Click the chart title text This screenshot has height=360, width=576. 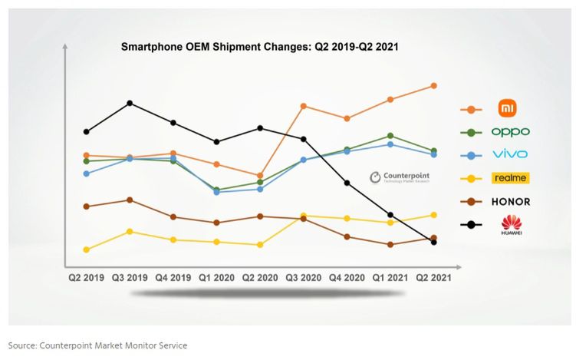[x=259, y=47]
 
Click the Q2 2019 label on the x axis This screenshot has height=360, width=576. [x=87, y=277]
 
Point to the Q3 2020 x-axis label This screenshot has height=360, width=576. [x=304, y=277]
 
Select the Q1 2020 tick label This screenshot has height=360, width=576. [x=216, y=277]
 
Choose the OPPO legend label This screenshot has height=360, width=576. [x=510, y=132]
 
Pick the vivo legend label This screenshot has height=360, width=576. [x=510, y=155]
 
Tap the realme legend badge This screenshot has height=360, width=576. [x=510, y=178]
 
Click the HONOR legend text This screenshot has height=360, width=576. [x=510, y=202]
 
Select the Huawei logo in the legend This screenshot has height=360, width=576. [x=511, y=225]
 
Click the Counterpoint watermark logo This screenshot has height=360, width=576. [x=400, y=177]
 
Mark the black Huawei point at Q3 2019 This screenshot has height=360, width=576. [x=130, y=103]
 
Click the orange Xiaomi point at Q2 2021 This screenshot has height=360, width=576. [x=434, y=85]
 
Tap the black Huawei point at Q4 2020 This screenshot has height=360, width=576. [x=347, y=183]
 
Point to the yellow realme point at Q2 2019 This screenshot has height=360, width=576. [x=87, y=249]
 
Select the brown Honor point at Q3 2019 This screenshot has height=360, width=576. [x=130, y=200]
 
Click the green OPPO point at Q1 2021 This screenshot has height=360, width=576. [x=390, y=136]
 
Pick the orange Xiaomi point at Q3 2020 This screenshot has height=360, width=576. [x=304, y=106]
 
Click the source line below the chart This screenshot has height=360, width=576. [x=97, y=345]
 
